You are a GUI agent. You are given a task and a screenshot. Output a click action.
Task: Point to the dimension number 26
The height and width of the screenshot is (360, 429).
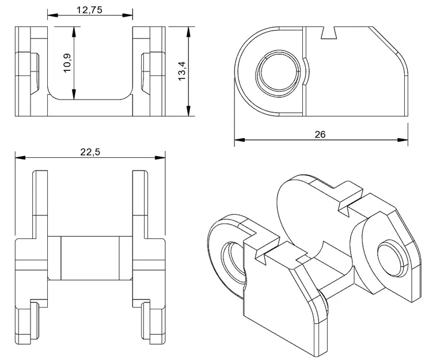coord(321,134)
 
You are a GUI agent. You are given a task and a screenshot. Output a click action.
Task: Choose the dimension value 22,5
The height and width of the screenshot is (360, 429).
coord(90,151)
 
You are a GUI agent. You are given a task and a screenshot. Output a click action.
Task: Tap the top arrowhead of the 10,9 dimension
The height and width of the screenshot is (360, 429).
coord(74,29)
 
